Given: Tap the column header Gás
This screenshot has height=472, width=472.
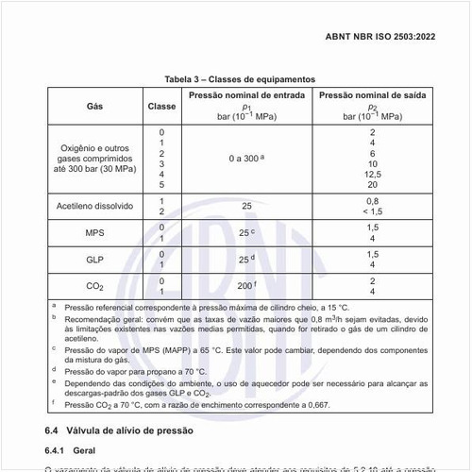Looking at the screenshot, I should [95, 106].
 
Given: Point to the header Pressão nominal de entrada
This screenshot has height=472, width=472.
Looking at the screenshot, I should [246, 95].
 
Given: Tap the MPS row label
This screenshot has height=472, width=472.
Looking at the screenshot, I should [95, 232].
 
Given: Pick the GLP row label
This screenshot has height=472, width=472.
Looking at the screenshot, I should [95, 260].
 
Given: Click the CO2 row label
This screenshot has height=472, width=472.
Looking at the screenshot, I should [95, 286].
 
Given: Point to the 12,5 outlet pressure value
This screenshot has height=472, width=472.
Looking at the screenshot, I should [372, 174].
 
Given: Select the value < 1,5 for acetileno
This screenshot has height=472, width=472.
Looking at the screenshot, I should [372, 211].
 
